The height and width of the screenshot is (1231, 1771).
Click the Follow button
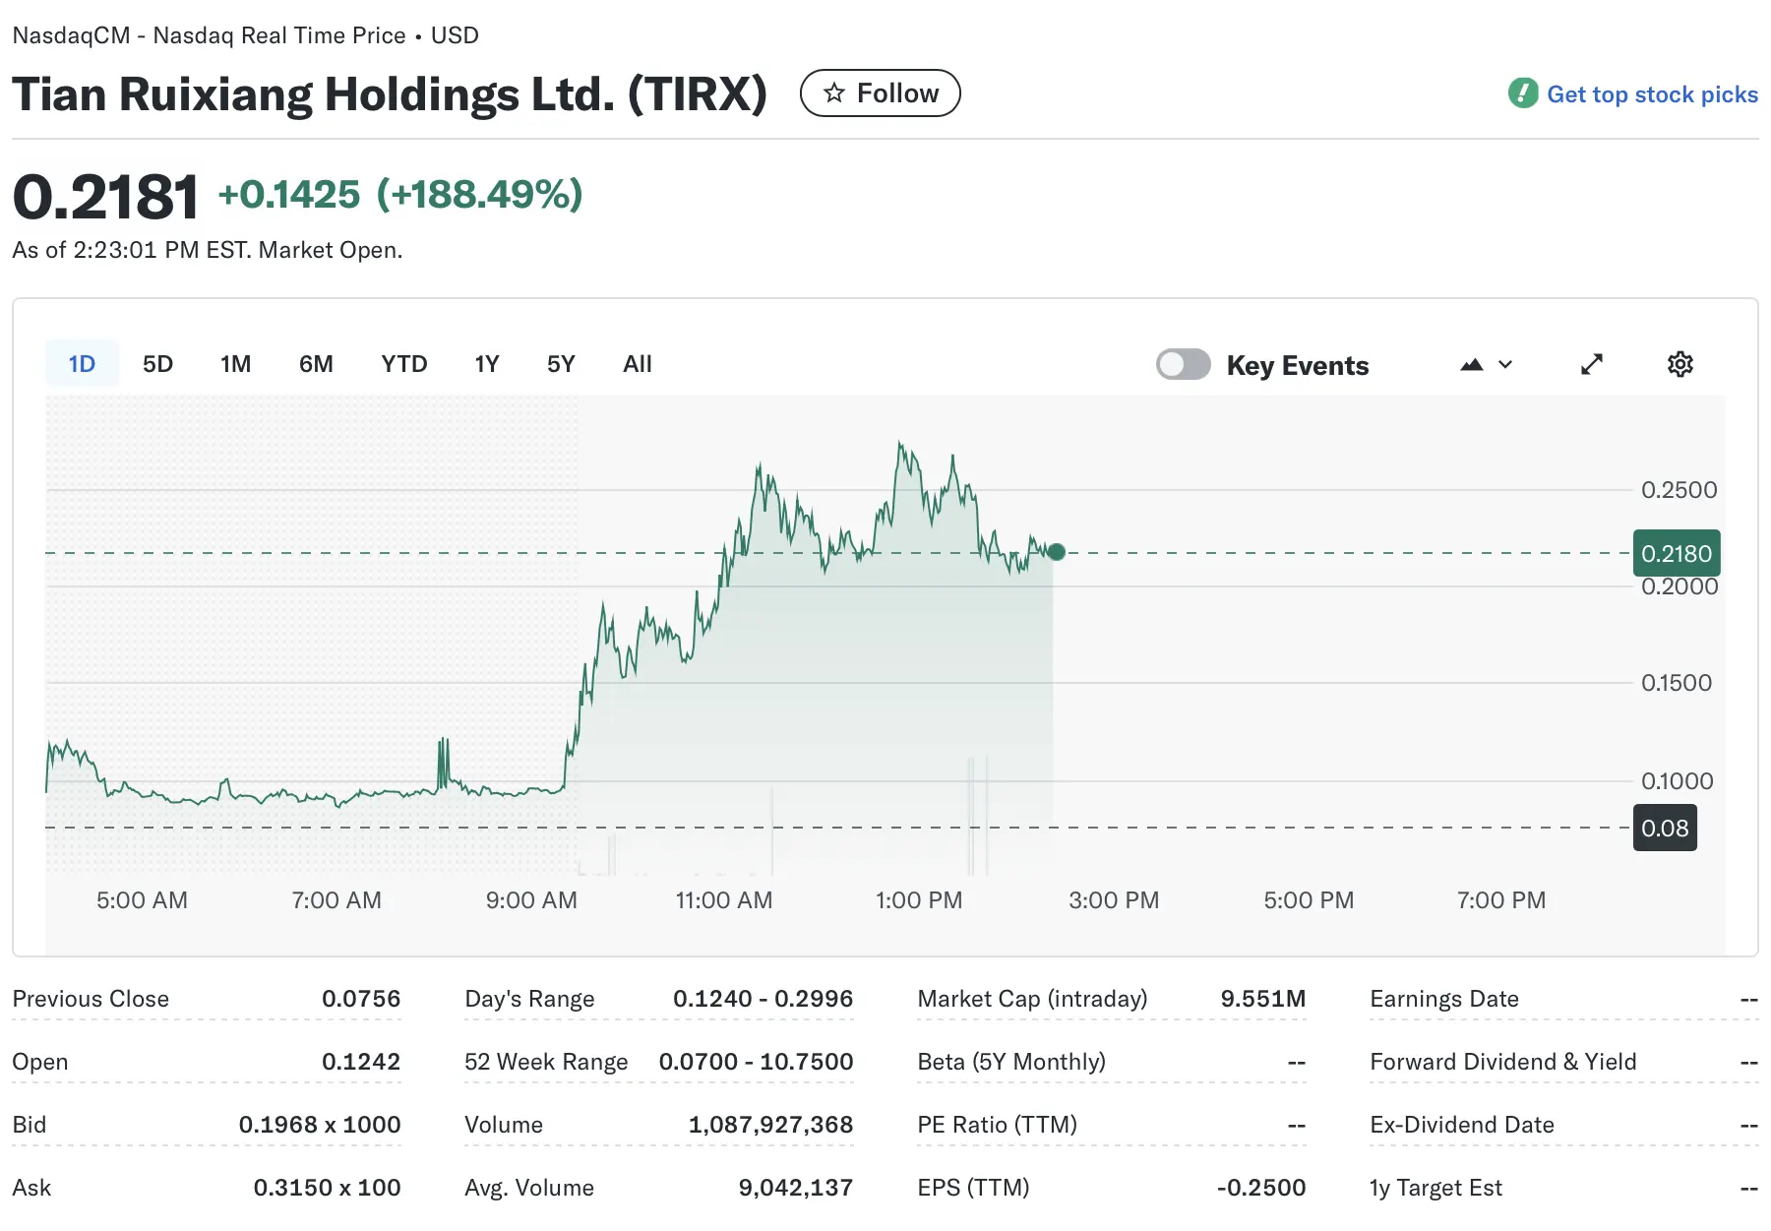pyautogui.click(x=880, y=93)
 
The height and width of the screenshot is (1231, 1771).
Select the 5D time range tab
pyautogui.click(x=157, y=364)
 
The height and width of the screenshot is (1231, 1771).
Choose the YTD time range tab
pyautogui.click(x=403, y=364)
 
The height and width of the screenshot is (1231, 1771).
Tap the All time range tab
pyautogui.click(x=637, y=364)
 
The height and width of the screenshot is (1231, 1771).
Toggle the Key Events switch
pyautogui.click(x=1183, y=364)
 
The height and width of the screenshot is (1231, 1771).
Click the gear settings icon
pyautogui.click(x=1679, y=364)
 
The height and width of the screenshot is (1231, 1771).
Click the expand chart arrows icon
pyautogui.click(x=1591, y=364)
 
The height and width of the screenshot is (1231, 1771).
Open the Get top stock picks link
pyautogui.click(x=1651, y=94)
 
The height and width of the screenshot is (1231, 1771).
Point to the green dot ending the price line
pyautogui.click(x=1056, y=552)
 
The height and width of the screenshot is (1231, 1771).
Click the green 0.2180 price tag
pyautogui.click(x=1676, y=553)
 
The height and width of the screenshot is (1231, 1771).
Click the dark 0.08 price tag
pyautogui.click(x=1664, y=828)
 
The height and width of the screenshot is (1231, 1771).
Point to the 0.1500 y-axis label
pyautogui.click(x=1676, y=683)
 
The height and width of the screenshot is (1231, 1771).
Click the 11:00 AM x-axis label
pyautogui.click(x=723, y=900)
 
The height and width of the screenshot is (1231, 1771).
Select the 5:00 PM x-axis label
pyautogui.click(x=1308, y=900)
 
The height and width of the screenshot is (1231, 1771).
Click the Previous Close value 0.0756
pyautogui.click(x=360, y=999)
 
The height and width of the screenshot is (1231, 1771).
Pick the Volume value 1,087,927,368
pyautogui.click(x=769, y=1125)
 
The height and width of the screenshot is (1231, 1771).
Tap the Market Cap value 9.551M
pyautogui.click(x=1262, y=999)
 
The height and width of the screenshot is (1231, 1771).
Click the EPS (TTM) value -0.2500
pyautogui.click(x=1260, y=1188)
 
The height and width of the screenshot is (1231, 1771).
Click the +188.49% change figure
pyautogui.click(x=479, y=195)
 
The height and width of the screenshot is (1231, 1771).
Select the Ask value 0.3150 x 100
pyautogui.click(x=327, y=1188)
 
